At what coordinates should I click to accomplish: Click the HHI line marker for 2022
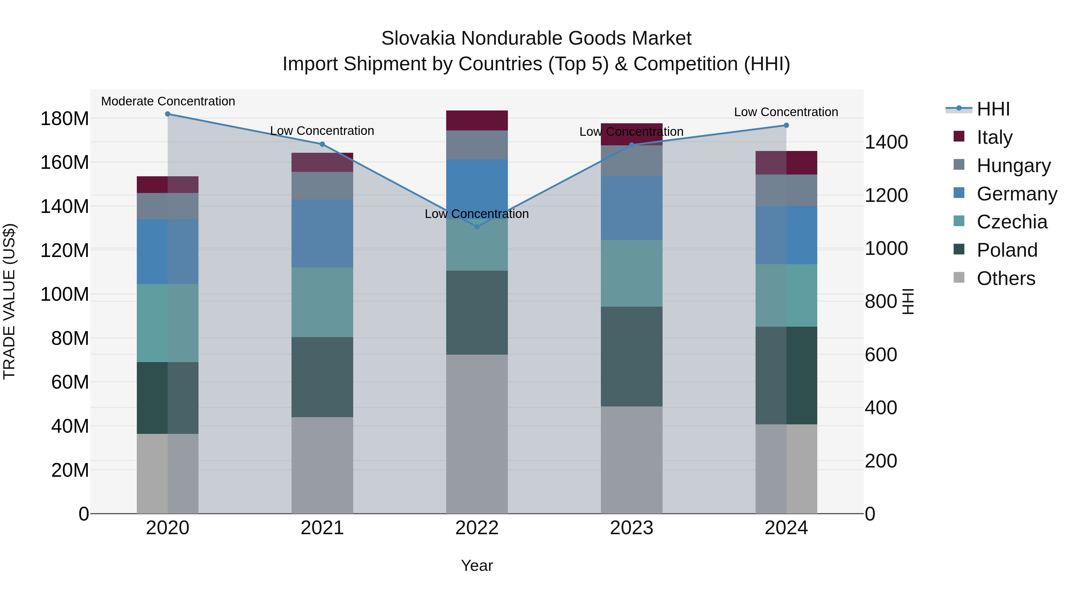coord(477,226)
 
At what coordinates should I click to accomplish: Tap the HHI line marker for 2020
coord(168,114)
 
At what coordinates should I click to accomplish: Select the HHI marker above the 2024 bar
coord(786,125)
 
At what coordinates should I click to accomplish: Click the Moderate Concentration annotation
coord(168,101)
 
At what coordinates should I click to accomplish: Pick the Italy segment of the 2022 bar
coord(477,121)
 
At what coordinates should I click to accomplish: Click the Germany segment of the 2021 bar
coord(322,233)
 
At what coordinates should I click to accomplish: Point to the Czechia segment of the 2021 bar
coord(322,302)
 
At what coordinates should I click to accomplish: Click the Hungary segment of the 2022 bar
coord(477,145)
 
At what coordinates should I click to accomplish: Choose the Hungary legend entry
coord(1013,165)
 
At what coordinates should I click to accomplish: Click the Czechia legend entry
coord(1011,221)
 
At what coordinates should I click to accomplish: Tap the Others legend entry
coord(1006,278)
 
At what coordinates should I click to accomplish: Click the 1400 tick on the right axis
coord(886,142)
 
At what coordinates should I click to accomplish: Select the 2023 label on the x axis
coord(632,528)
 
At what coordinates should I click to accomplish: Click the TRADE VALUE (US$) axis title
coord(9,301)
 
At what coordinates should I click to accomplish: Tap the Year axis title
coord(477,565)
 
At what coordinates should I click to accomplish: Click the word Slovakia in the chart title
coord(418,38)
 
